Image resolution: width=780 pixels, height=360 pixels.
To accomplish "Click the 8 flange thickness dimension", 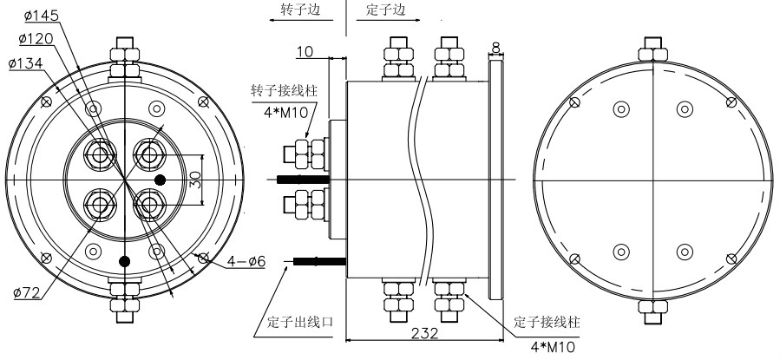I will click(x=495, y=47).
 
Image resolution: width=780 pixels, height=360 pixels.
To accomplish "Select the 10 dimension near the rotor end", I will click(x=305, y=53).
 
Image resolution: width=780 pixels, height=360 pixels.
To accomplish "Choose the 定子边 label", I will click(x=385, y=11).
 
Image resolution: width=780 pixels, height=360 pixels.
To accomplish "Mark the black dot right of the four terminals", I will click(x=161, y=180).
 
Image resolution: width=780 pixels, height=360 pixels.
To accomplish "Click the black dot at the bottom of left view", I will click(x=125, y=260).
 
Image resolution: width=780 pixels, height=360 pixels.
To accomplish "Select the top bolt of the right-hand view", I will click(x=652, y=52).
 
